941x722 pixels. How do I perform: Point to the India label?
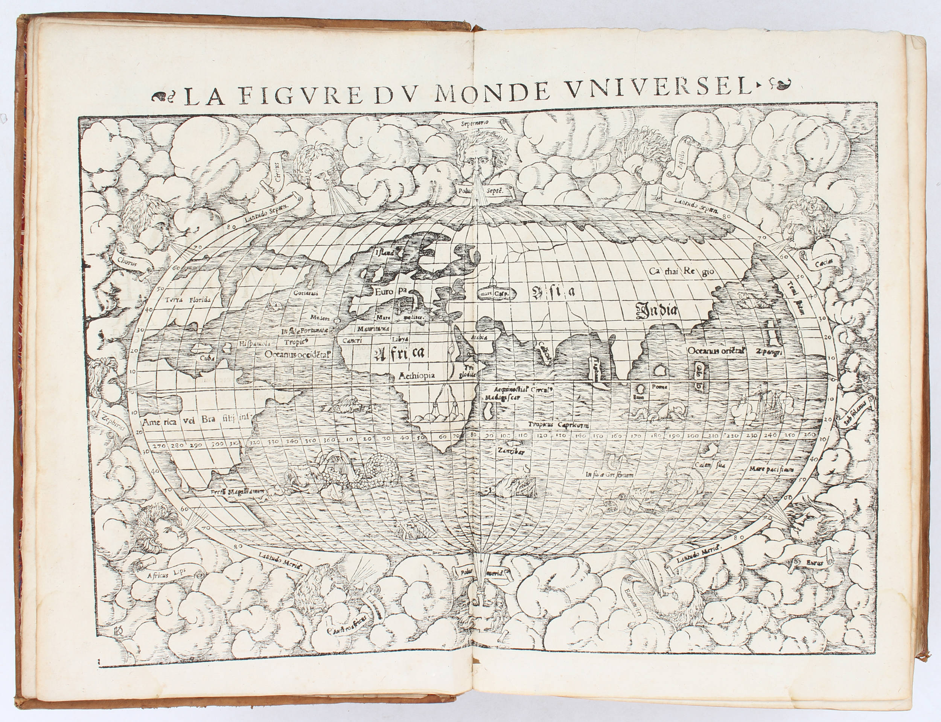tap(658, 311)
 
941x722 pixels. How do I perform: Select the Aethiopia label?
tap(417, 375)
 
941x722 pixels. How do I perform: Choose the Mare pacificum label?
tap(772, 469)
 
